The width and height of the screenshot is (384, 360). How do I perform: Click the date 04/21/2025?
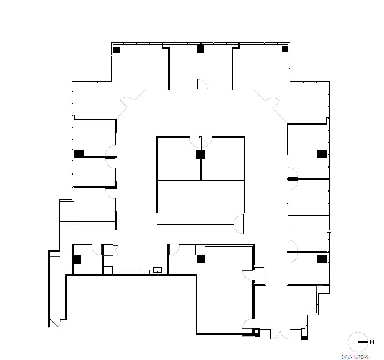point(355,357)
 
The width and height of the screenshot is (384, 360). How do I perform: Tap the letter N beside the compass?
point(371,342)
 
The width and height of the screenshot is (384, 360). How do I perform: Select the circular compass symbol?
point(358,342)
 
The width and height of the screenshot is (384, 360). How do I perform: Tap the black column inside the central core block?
point(201,154)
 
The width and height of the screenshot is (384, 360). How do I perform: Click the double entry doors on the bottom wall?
point(280,333)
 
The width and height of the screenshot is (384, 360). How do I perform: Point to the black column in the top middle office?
point(200,50)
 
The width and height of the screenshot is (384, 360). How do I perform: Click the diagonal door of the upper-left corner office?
point(127,104)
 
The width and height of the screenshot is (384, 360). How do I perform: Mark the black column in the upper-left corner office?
point(116,50)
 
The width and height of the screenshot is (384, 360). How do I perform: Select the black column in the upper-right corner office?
point(285,49)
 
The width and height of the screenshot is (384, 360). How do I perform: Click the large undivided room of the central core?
point(200,202)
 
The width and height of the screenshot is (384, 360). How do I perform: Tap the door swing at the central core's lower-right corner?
point(239,224)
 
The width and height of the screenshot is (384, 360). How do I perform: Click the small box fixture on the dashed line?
point(157,270)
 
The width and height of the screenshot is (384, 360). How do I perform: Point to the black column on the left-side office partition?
point(79,153)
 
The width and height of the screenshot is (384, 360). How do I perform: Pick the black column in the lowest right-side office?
point(322,259)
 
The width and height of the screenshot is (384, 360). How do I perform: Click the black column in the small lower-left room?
point(77,260)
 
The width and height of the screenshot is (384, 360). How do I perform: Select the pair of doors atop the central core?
point(201,142)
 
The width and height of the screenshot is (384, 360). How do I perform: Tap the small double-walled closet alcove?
point(261,275)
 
